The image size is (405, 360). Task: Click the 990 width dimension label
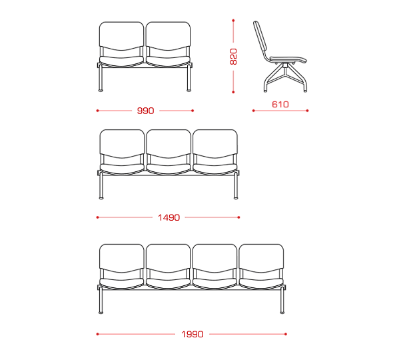pos(145,111)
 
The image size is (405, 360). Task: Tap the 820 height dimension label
pos(233,57)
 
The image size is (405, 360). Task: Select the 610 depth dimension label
pos(280,105)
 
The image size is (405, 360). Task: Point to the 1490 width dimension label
pos(169,217)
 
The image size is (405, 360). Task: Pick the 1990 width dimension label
pos(193,334)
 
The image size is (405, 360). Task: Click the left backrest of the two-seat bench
pos(121,36)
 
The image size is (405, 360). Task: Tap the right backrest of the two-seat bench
pos(168,36)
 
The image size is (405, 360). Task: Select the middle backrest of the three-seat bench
pos(169,144)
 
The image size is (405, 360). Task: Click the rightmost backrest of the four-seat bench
pos(261,259)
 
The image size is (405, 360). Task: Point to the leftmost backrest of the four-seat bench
pos(122,259)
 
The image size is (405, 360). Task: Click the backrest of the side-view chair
pos(260,37)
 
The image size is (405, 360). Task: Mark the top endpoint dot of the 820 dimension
pos(233,20)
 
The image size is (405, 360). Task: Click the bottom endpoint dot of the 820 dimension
pos(233,92)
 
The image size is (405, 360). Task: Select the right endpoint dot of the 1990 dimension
pos(286,334)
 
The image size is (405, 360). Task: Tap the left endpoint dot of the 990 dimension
pos(97,111)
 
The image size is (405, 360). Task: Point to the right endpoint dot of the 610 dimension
pos(307,111)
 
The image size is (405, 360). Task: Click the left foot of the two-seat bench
pos(101,91)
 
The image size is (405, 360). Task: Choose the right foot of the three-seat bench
pos(236,198)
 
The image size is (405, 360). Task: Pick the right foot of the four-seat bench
pos(282,313)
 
